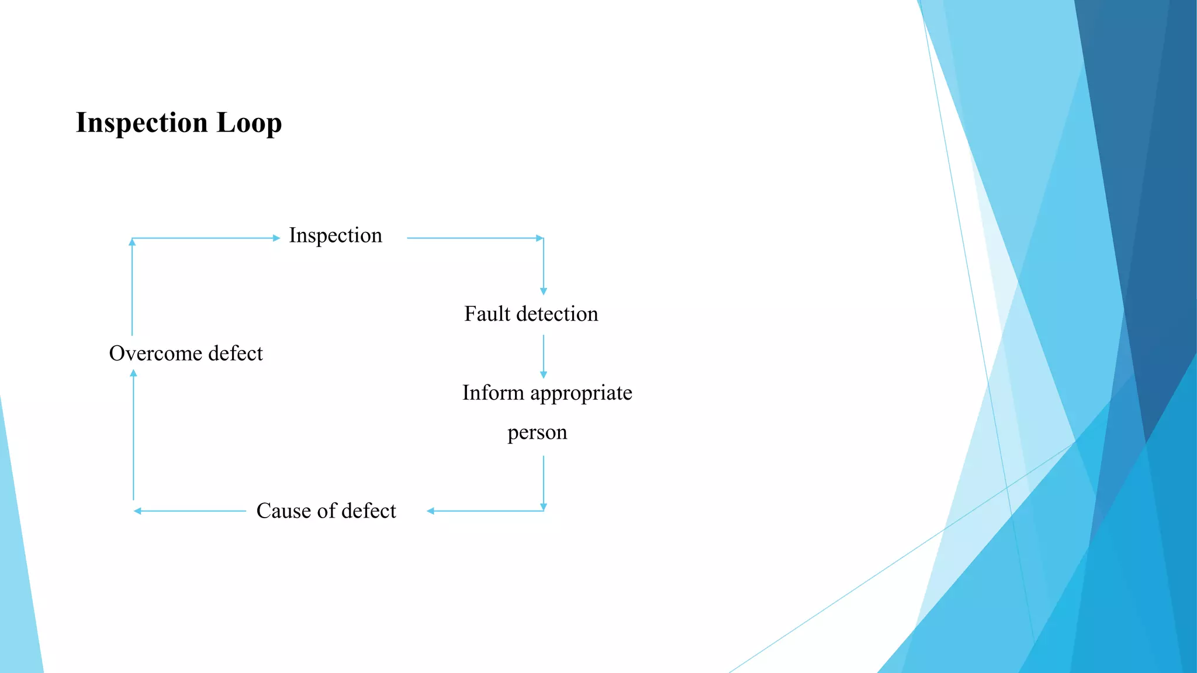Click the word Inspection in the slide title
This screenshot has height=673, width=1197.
(x=142, y=123)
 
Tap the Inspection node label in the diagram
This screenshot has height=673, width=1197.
(x=335, y=235)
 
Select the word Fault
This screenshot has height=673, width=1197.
(x=487, y=314)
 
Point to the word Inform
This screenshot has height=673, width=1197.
(x=493, y=393)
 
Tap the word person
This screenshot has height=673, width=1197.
(x=537, y=433)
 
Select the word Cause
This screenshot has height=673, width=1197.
(x=283, y=511)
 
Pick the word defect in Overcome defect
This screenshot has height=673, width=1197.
(x=236, y=353)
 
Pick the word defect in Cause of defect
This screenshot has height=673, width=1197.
(x=369, y=511)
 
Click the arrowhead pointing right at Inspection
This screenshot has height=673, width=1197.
(x=276, y=238)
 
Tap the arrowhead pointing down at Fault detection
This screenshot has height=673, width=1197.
(x=544, y=291)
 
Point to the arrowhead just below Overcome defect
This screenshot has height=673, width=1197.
(x=134, y=373)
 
